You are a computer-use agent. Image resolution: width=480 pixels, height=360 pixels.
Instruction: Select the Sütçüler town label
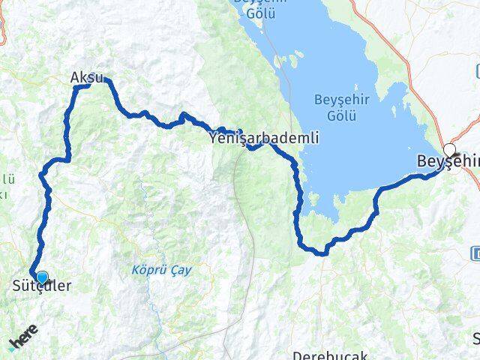(x=42, y=286)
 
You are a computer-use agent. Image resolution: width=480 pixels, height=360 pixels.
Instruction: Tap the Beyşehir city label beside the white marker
(x=448, y=163)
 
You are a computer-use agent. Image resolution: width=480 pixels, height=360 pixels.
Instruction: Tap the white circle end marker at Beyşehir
(x=449, y=149)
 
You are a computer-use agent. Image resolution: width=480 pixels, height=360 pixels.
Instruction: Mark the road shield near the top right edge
(x=477, y=70)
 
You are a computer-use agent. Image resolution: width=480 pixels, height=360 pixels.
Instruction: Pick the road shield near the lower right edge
(x=476, y=253)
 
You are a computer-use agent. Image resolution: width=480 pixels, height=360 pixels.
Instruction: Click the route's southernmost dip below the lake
(x=322, y=253)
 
